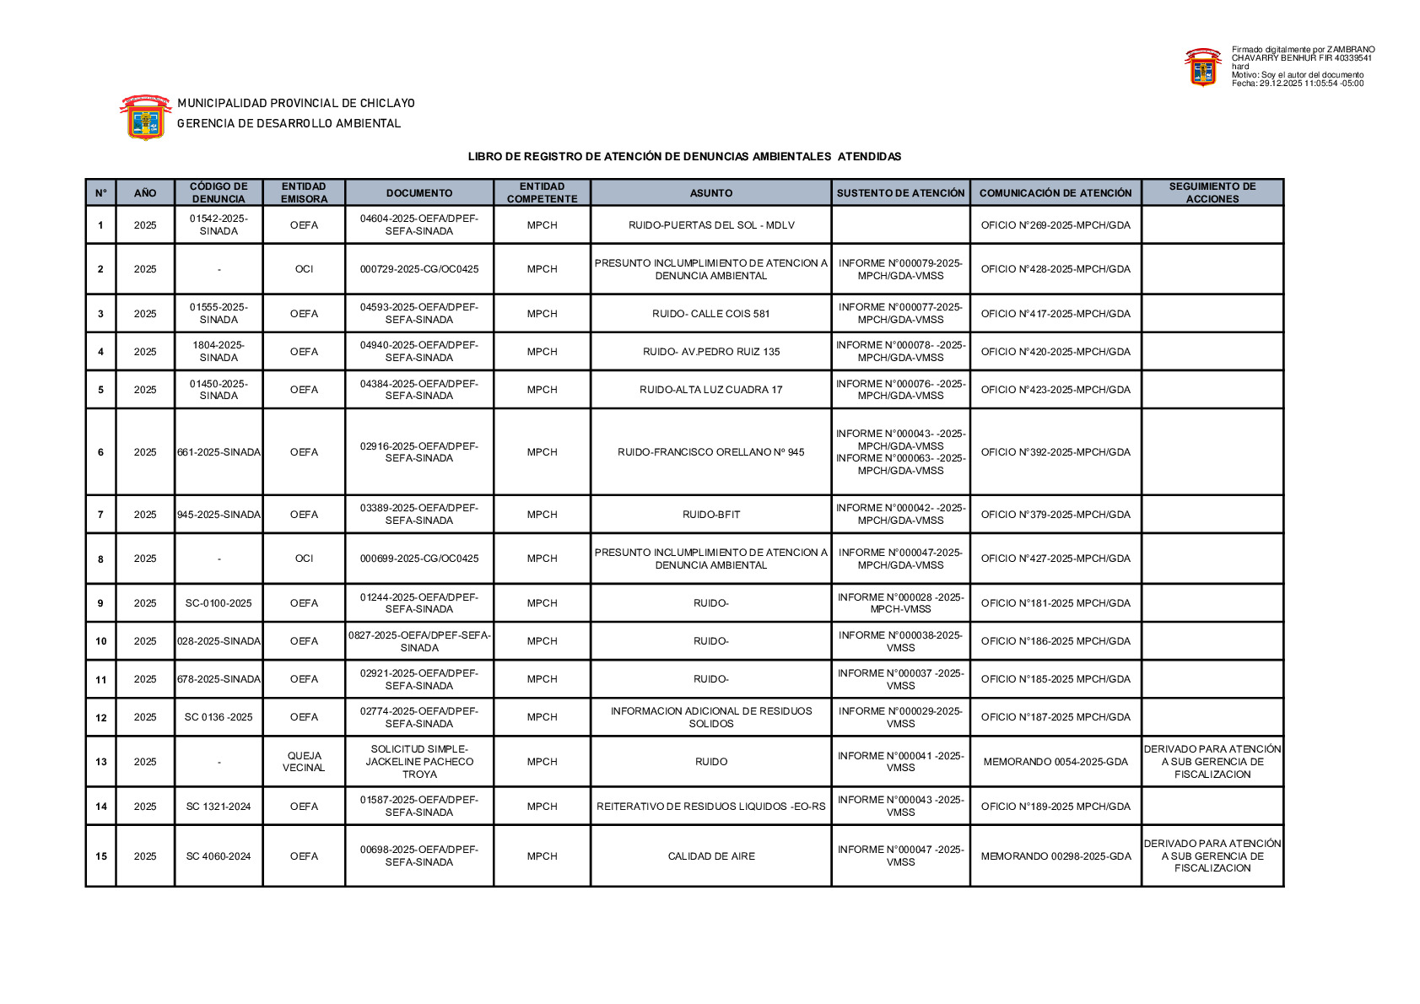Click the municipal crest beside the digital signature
coord(1202,67)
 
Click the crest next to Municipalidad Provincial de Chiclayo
coord(145,116)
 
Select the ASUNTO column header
coord(710,193)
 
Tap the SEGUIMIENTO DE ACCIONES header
coord(1212,192)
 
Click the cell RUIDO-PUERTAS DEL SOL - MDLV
coord(710,225)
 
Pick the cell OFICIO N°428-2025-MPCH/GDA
coord(1055,269)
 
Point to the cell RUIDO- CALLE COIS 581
coord(710,314)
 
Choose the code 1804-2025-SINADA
coord(219,351)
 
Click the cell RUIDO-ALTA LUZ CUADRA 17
coord(710,390)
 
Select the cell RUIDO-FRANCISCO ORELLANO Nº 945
coord(710,452)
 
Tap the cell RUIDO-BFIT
coord(710,515)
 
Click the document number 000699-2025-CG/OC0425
coord(418,559)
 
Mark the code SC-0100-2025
coord(219,603)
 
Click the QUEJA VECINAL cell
coord(304,762)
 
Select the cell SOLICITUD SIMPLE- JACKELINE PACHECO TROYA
coord(418,762)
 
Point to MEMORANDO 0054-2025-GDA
coord(1055,762)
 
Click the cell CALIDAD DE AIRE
coord(710,856)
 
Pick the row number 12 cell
coord(101,717)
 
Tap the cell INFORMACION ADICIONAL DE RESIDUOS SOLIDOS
coord(710,717)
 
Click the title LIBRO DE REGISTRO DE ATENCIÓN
coord(684,157)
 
